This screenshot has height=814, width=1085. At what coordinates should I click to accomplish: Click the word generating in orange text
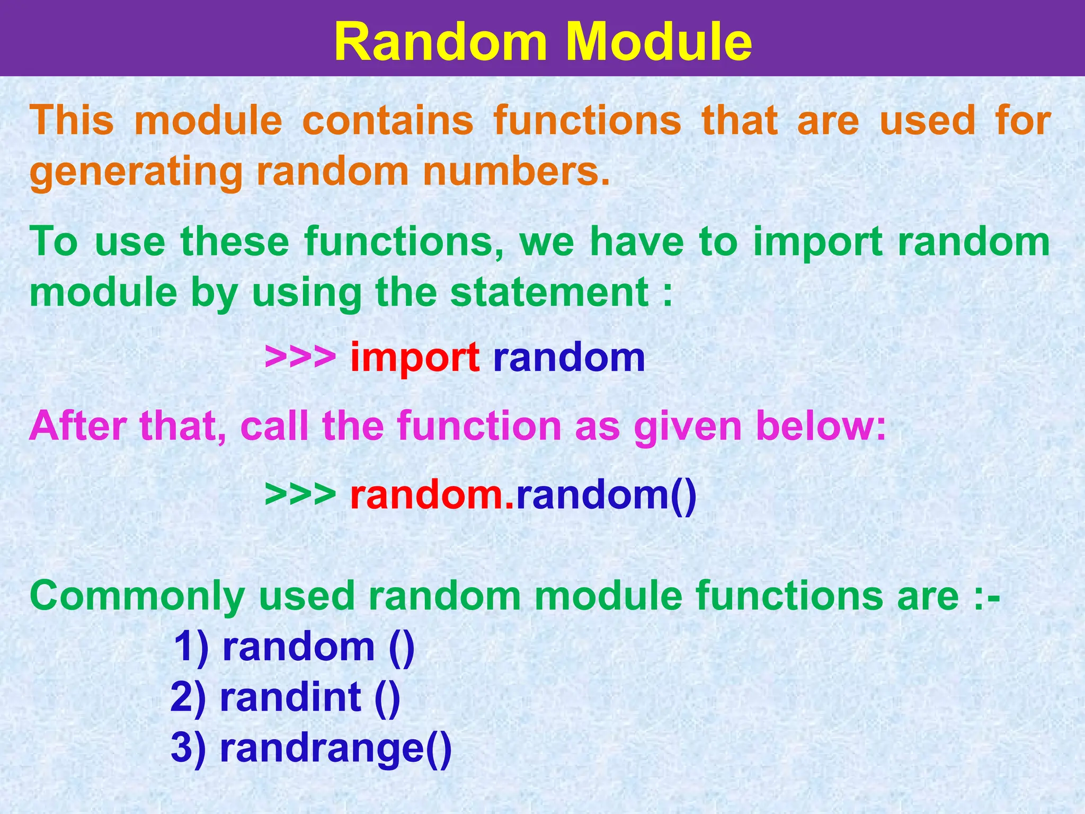pyautogui.click(x=136, y=173)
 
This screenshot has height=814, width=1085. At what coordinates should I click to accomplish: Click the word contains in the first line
pyautogui.click(x=387, y=120)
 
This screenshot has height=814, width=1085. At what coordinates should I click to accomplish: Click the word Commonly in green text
pyautogui.click(x=137, y=597)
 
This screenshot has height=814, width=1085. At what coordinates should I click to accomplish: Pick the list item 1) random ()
pyautogui.click(x=295, y=647)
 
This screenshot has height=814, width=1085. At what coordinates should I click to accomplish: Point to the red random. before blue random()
pyautogui.click(x=432, y=494)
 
